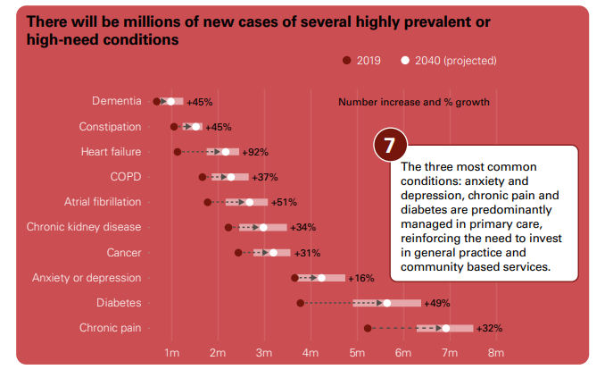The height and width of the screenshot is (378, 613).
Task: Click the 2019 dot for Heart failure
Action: pyautogui.click(x=178, y=152)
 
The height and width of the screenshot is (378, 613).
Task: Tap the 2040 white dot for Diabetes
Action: pyautogui.click(x=386, y=303)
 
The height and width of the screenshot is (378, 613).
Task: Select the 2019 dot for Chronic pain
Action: pyautogui.click(x=368, y=328)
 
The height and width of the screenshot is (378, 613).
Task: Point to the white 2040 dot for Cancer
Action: pyautogui.click(x=273, y=253)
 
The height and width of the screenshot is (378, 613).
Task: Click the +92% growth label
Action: pyautogui.click(x=255, y=152)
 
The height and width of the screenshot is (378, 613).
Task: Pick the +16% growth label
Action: pyautogui.click(x=361, y=278)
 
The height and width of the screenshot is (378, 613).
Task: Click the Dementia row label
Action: pyautogui.click(x=116, y=101)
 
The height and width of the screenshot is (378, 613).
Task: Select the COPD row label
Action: pyautogui.click(x=125, y=177)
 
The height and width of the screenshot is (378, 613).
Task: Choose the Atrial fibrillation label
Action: pyautogui.click(x=103, y=202)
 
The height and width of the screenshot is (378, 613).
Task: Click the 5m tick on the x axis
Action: pyautogui.click(x=357, y=353)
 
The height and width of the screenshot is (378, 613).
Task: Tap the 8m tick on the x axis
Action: pyautogui.click(x=496, y=353)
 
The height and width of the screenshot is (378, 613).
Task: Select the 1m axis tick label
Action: pyautogui.click(x=171, y=353)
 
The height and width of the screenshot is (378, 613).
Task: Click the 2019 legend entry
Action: pyautogui.click(x=361, y=61)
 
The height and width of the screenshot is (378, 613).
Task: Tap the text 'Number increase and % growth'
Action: pyautogui.click(x=414, y=102)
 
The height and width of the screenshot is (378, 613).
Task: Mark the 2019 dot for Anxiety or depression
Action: pyautogui.click(x=294, y=278)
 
